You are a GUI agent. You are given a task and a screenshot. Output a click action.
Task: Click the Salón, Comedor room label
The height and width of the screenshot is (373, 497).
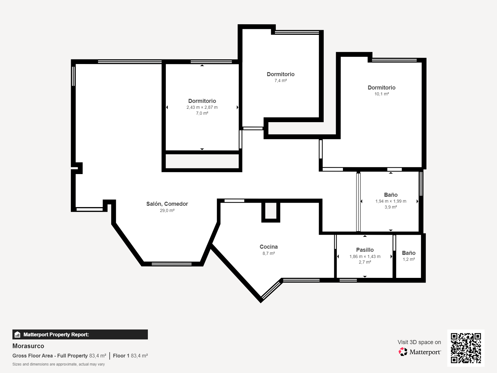click(167, 204)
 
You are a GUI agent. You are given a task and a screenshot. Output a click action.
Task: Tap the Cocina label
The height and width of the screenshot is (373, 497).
click(269, 246)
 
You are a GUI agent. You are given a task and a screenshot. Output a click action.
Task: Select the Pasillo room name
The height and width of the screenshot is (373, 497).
click(365, 250)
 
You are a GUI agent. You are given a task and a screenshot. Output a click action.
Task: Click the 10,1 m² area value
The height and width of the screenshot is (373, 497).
click(381, 94)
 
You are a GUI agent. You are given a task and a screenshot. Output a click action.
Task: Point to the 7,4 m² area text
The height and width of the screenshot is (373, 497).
click(280, 81)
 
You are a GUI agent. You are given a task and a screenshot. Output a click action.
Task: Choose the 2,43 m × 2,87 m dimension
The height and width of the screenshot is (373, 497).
click(202, 107)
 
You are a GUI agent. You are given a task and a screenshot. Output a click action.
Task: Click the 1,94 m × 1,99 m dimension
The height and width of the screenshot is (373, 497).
click(391, 201)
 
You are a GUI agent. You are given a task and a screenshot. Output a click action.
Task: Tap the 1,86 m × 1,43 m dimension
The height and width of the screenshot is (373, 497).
click(365, 257)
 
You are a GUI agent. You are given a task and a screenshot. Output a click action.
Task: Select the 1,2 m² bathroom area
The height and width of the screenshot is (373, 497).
click(409, 259)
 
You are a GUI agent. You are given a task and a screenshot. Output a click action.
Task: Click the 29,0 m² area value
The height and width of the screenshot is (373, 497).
click(167, 210)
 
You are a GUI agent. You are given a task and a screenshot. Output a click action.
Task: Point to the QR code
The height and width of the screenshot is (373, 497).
click(466, 348)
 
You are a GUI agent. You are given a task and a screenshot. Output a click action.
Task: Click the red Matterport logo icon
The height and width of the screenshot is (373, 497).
click(403, 352)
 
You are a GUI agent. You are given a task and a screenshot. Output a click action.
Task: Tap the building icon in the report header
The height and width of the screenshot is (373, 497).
click(17, 334)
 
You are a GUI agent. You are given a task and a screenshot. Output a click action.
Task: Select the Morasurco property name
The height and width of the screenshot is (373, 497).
click(28, 346)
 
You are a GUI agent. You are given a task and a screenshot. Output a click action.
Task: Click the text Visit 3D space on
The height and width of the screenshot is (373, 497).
click(419, 342)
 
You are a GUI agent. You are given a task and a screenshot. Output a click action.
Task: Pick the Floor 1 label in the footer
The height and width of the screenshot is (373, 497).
click(121, 356)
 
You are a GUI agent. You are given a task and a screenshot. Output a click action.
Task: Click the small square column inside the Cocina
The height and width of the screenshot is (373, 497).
click(271, 212)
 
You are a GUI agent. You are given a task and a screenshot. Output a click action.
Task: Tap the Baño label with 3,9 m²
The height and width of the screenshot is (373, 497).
click(391, 195)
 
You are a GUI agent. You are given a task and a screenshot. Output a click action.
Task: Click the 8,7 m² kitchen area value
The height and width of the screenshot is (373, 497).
click(269, 253)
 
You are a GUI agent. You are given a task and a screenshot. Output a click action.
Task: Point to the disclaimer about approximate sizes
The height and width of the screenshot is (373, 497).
click(58, 364)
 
